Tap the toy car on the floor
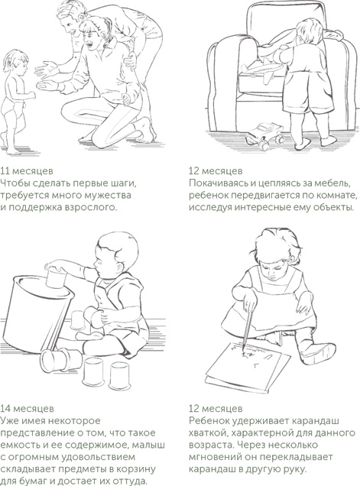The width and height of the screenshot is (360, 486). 266,134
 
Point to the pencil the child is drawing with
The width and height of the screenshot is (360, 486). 248,328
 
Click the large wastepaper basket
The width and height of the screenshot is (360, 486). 34,313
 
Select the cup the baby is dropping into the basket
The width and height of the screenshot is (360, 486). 56,277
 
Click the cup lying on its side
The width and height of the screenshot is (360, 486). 61,360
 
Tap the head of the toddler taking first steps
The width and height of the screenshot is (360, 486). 15,64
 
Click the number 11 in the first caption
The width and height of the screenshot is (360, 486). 5,170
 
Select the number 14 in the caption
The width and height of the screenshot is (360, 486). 5,409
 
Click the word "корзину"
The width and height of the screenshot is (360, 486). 136,469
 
